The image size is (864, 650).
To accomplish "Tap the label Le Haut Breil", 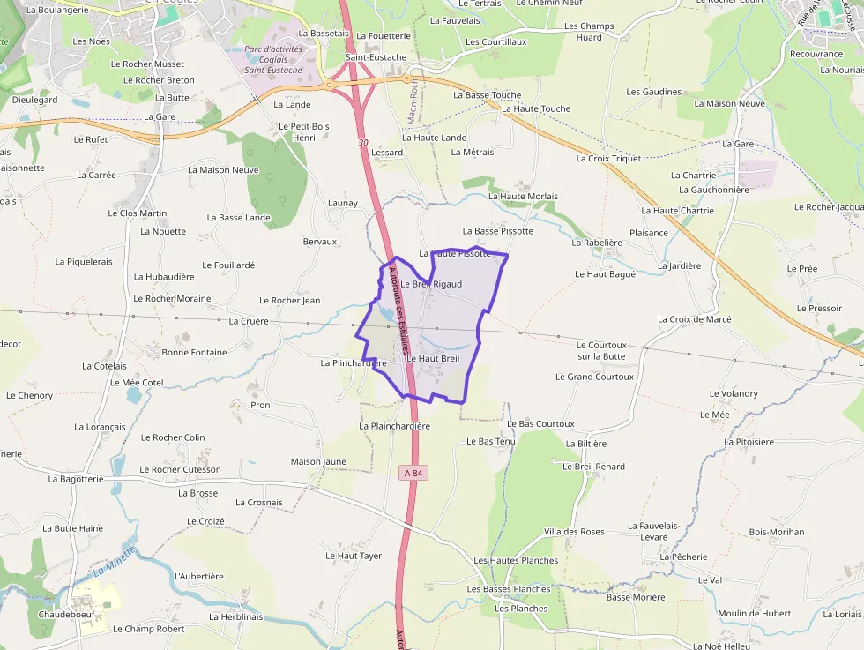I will (433, 359).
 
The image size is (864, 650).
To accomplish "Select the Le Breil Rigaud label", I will (431, 285).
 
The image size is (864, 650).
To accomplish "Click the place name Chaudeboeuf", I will (66, 615).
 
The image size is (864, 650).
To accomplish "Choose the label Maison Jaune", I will (318, 462).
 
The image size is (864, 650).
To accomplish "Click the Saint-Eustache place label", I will (376, 57).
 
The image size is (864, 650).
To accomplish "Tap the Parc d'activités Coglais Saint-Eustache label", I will (273, 59).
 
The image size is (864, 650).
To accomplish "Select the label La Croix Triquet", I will (608, 159).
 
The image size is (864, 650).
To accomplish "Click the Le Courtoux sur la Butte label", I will (601, 351).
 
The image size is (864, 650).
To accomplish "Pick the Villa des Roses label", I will (574, 532).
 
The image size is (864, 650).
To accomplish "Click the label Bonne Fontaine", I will (194, 353).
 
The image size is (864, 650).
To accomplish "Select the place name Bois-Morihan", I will (777, 533).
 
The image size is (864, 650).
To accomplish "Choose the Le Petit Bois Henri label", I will (303, 132).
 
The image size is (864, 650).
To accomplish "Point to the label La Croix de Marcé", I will (700, 319).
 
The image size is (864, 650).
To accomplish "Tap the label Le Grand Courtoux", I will (594, 377).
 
